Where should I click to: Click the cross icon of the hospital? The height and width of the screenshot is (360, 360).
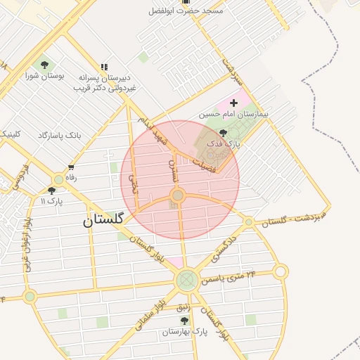coord(234,103)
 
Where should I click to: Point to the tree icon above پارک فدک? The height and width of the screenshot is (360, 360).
coord(223,133)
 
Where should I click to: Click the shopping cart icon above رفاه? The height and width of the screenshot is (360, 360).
coord(71,167)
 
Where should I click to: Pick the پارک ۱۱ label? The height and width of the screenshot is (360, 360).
coord(52,201)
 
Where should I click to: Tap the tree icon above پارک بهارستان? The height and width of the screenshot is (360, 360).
coord(184,321)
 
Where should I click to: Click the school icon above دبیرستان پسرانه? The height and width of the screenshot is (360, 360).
coord(105,67)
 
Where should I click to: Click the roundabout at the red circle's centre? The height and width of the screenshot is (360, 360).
coord(179,195)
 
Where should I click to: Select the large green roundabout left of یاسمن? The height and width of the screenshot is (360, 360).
coord(186,281)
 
